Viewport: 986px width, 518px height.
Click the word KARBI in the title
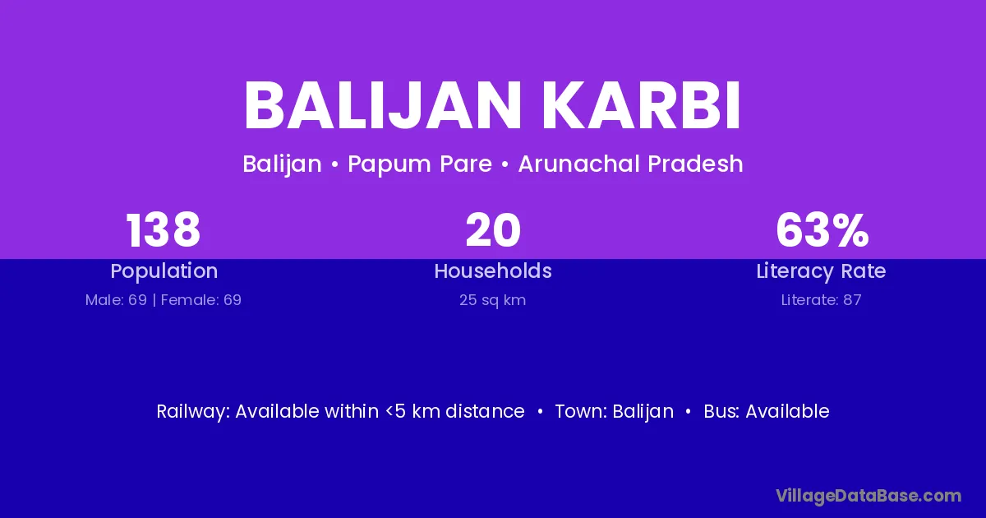click(641, 105)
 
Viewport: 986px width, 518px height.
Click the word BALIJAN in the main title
click(383, 105)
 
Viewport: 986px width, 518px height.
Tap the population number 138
click(164, 230)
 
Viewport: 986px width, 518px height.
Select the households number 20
click(493, 230)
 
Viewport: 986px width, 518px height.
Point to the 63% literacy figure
click(822, 230)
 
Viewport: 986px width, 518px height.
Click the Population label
click(164, 271)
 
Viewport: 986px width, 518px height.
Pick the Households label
click(493, 271)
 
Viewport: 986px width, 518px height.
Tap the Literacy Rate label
click(821, 271)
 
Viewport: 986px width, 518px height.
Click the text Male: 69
click(116, 300)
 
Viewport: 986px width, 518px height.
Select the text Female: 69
click(201, 300)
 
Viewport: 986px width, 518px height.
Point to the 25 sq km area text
click(492, 300)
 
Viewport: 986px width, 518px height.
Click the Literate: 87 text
click(822, 300)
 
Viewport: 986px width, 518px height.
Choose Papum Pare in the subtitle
click(420, 164)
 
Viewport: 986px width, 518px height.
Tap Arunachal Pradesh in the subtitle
click(631, 164)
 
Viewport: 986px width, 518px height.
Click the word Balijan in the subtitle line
click(282, 164)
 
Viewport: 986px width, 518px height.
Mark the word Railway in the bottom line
click(193, 412)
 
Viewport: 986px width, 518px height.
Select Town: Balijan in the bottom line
click(614, 412)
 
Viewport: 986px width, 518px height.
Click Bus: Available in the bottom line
click(767, 411)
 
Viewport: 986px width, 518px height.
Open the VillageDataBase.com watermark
click(869, 496)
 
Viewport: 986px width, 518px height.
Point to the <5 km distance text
click(454, 411)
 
